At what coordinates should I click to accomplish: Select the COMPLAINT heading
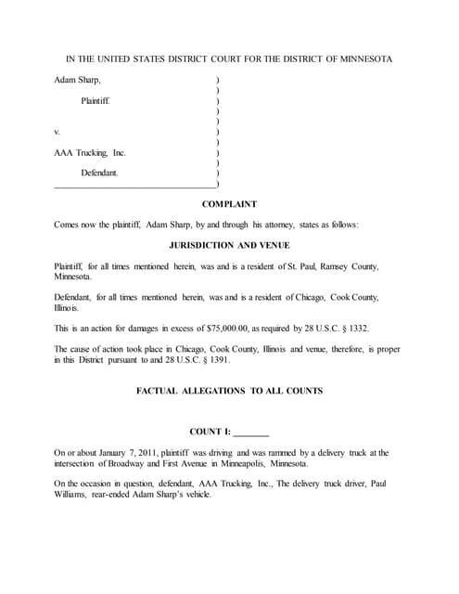tap(229, 203)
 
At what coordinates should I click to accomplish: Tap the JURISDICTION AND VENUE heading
tap(229, 245)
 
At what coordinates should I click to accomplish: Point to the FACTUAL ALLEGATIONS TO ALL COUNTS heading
tap(229, 391)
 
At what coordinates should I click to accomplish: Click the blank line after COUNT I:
tap(250, 432)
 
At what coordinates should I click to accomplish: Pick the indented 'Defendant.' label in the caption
tap(99, 173)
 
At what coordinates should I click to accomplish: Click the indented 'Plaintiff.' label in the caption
tap(96, 100)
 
